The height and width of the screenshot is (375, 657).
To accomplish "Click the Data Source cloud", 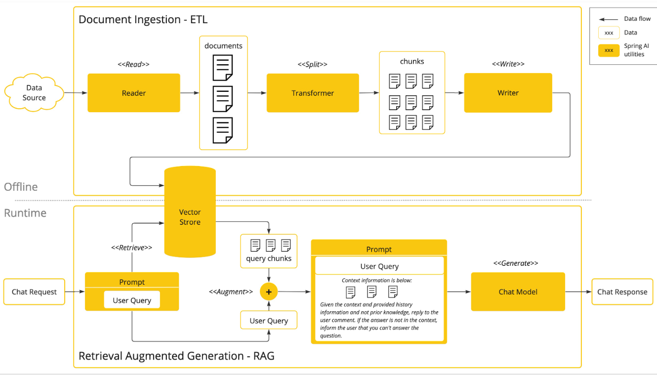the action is point(34,93).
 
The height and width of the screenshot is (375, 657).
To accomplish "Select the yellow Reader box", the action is point(134,93).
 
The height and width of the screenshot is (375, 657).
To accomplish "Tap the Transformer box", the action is point(313,93).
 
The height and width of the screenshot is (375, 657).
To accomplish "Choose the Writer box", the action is point(508,93).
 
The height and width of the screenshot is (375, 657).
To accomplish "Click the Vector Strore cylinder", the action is point(190,212).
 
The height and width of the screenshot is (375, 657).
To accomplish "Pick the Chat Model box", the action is point(518,292).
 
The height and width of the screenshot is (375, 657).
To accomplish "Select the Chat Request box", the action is point(34,292).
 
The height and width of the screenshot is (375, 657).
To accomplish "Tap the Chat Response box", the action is point(622,292).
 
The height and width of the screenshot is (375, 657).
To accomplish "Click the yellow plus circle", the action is point(269,292).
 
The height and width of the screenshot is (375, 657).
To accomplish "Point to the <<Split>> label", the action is point(312,64).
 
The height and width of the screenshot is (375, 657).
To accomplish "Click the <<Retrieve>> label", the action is point(132,248).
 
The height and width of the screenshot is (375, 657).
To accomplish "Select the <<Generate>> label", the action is point(516,263).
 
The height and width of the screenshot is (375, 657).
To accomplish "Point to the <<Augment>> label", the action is point(231,292).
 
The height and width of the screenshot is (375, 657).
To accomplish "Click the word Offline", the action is point(21,187).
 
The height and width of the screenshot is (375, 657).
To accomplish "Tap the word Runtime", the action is point(25,213).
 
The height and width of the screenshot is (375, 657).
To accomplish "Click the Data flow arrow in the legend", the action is point(608,19).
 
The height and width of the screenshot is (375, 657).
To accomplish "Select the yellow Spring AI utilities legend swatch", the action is point(609,50).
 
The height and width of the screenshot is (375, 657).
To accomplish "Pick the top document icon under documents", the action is point(223,68).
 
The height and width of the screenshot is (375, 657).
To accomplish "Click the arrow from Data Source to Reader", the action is point(76,93).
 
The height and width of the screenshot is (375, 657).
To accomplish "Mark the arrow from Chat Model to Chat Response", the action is point(578,292).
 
